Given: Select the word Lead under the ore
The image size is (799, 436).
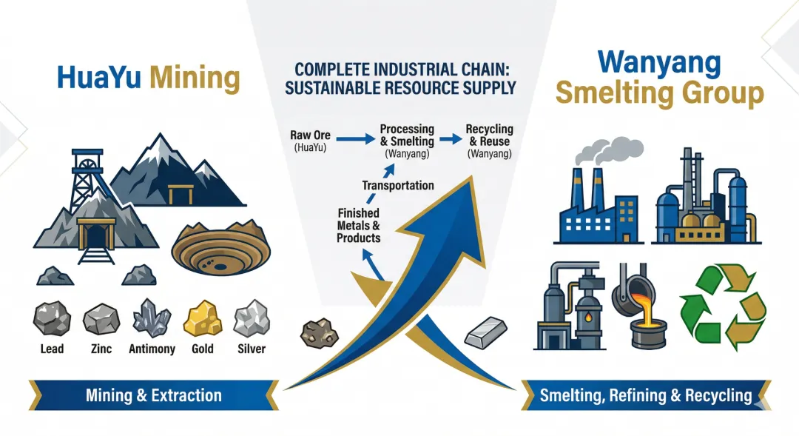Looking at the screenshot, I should coord(53,349).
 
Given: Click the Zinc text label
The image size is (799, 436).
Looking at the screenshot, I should coord(101,349).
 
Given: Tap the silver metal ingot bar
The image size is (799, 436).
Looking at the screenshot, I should coord(486,329).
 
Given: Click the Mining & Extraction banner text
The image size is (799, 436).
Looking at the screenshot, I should coord(154,395).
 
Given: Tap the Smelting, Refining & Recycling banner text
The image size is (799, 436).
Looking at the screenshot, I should coord(646,395).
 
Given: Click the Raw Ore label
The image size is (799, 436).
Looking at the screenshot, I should coord(311,136).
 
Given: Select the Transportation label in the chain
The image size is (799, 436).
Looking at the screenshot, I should coord(398,185).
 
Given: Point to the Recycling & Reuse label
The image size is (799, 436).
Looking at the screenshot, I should coord(489,135).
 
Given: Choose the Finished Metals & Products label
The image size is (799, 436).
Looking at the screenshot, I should coord(359,226).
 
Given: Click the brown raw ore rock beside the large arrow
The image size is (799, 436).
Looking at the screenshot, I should coord(318,333).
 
